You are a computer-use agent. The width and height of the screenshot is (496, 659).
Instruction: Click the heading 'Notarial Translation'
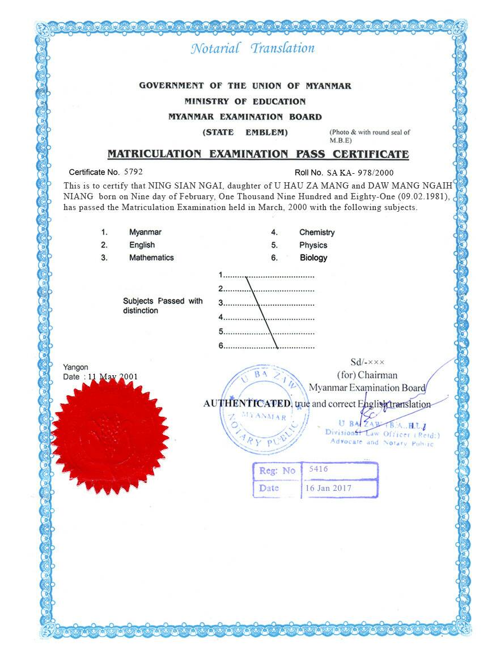click(252, 48)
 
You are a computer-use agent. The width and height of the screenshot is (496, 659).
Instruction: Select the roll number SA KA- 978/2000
click(360, 173)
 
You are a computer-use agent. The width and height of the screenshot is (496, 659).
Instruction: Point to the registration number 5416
click(319, 469)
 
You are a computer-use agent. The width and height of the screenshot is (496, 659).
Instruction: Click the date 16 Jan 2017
click(328, 488)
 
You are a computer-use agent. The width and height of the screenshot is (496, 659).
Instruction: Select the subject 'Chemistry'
click(317, 232)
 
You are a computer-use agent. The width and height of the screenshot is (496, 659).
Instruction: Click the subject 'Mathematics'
click(151, 257)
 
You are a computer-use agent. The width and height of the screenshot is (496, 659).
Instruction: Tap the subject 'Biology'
click(313, 258)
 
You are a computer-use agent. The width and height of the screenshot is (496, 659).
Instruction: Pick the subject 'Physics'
click(313, 245)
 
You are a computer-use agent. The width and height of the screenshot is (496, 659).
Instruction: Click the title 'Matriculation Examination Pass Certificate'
click(258, 154)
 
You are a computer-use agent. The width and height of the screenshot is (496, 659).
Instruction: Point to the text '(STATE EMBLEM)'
click(245, 132)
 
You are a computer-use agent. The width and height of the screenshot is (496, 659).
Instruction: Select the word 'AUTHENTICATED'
click(247, 404)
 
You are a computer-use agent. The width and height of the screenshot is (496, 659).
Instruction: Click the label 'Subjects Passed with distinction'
click(163, 306)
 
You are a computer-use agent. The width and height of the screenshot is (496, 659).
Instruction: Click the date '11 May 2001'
click(113, 376)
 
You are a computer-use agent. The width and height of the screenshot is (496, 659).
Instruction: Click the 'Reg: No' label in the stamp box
click(277, 470)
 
